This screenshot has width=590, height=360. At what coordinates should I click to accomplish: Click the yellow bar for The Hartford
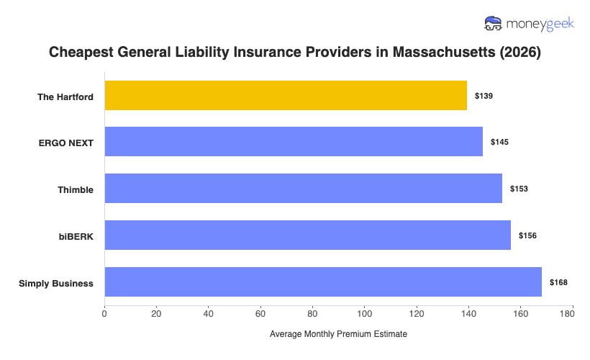click(x=286, y=95)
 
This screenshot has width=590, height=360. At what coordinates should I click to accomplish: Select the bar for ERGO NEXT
click(x=294, y=142)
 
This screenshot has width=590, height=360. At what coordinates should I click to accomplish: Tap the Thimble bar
click(x=303, y=188)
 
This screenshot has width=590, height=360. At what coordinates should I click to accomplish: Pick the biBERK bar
click(x=307, y=235)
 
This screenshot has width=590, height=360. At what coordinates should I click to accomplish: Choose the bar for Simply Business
click(x=323, y=282)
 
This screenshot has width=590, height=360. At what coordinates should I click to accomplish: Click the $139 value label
click(x=484, y=96)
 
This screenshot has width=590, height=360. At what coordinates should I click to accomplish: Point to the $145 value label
click(x=499, y=143)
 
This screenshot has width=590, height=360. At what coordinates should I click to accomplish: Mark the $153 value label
click(x=519, y=189)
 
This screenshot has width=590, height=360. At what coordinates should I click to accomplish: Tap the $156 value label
click(x=527, y=235)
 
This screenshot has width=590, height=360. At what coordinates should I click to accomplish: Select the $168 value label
click(x=558, y=282)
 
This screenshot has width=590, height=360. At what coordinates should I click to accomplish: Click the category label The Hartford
click(x=65, y=96)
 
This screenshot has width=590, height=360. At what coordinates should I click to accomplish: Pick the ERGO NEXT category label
click(x=66, y=143)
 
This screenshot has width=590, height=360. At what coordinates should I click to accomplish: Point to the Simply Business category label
click(x=56, y=283)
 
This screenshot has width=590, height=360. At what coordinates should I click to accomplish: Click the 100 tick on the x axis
click(x=364, y=313)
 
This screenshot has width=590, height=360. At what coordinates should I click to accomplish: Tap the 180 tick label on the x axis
click(x=572, y=313)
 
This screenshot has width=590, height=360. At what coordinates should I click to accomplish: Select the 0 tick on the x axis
click(x=105, y=313)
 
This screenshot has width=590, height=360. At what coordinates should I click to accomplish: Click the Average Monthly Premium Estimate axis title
click(x=338, y=335)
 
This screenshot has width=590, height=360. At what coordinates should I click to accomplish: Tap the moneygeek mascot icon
click(x=494, y=24)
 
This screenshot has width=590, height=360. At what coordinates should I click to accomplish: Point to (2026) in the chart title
click(x=520, y=53)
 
